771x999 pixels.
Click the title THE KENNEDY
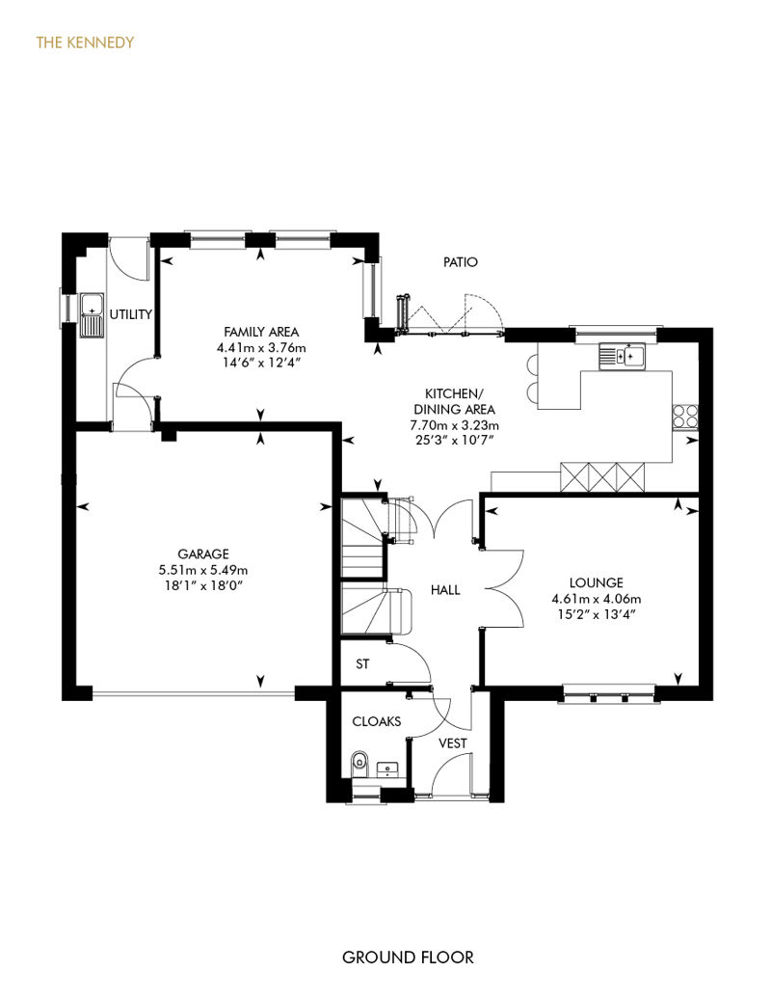(85, 42)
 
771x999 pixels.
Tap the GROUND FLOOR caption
(408, 957)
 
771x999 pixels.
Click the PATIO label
(461, 262)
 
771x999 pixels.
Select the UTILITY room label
(131, 314)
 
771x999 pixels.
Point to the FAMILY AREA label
(261, 332)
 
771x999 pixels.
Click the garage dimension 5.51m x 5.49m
(203, 570)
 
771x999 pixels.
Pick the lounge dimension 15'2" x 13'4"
(596, 615)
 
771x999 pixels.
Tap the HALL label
(445, 590)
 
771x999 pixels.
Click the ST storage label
(362, 663)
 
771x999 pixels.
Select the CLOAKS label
(377, 721)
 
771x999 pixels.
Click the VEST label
(453, 742)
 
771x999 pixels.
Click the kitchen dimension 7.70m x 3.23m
(455, 425)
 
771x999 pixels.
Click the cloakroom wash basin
(385, 769)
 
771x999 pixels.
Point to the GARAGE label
(203, 553)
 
